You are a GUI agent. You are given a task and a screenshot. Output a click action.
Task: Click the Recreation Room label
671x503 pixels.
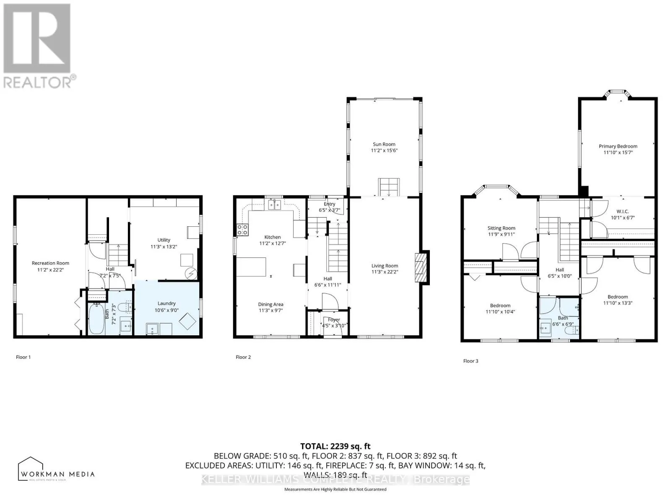(50, 263)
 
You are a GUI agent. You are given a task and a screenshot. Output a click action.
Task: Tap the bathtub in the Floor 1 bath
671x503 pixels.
(96, 319)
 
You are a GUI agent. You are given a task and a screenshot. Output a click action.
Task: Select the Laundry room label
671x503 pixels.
(166, 303)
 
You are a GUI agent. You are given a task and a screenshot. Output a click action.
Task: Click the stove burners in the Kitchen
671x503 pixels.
(242, 229)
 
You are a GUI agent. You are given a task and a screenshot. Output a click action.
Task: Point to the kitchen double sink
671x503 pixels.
(275, 205)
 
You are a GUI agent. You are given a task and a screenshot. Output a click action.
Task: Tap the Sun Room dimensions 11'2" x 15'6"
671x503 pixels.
(384, 150)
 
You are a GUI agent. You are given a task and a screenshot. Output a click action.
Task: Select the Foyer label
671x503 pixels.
(334, 320)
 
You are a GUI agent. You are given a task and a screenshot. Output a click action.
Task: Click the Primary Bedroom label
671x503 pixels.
(618, 146)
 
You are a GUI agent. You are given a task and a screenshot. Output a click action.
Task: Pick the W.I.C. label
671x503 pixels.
(622, 211)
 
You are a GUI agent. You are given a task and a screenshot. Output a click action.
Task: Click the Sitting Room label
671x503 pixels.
(501, 228)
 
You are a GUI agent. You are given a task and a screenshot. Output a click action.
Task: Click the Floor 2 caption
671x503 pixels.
(243, 357)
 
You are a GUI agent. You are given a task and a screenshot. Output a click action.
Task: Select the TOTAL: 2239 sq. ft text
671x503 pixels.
(335, 446)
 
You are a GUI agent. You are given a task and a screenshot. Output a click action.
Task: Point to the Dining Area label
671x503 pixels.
(270, 304)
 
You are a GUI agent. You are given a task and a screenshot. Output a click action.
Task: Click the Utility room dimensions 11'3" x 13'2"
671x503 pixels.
(164, 246)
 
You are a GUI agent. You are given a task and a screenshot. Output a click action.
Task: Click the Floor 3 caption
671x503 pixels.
(471, 361)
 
